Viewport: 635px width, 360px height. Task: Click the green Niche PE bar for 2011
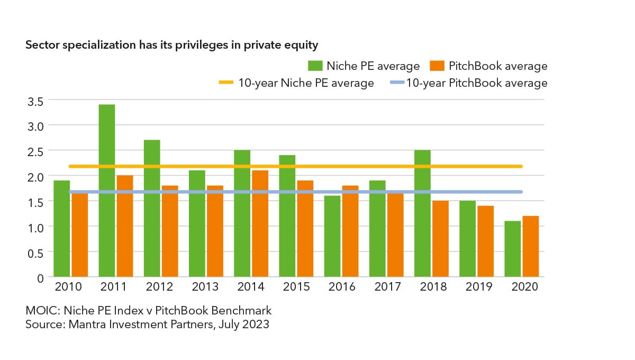[x=107, y=191]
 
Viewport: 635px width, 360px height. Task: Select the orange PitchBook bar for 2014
[x=260, y=223]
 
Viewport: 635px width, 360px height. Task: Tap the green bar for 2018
[x=422, y=213]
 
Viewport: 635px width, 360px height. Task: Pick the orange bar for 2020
[x=531, y=246]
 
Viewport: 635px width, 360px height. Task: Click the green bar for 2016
[x=332, y=236]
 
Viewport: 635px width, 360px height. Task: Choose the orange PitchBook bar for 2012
[x=170, y=231]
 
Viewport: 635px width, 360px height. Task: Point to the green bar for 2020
[x=513, y=249]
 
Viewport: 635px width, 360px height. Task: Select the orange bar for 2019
[x=486, y=241]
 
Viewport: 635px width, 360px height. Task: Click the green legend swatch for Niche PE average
[x=315, y=66]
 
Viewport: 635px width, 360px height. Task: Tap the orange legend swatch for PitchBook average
[x=437, y=66]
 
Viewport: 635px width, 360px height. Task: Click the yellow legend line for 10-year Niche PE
[x=226, y=83]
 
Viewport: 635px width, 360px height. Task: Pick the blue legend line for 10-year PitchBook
[x=397, y=83]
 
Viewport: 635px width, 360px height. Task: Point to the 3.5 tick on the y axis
[x=35, y=101]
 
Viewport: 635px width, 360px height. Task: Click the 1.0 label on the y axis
[x=35, y=228]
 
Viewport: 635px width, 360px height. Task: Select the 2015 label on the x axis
[x=296, y=286]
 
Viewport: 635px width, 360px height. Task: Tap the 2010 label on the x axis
[x=68, y=286]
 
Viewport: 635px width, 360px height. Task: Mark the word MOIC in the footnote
[x=43, y=310]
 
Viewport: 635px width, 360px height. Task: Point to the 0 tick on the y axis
[x=41, y=278]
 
